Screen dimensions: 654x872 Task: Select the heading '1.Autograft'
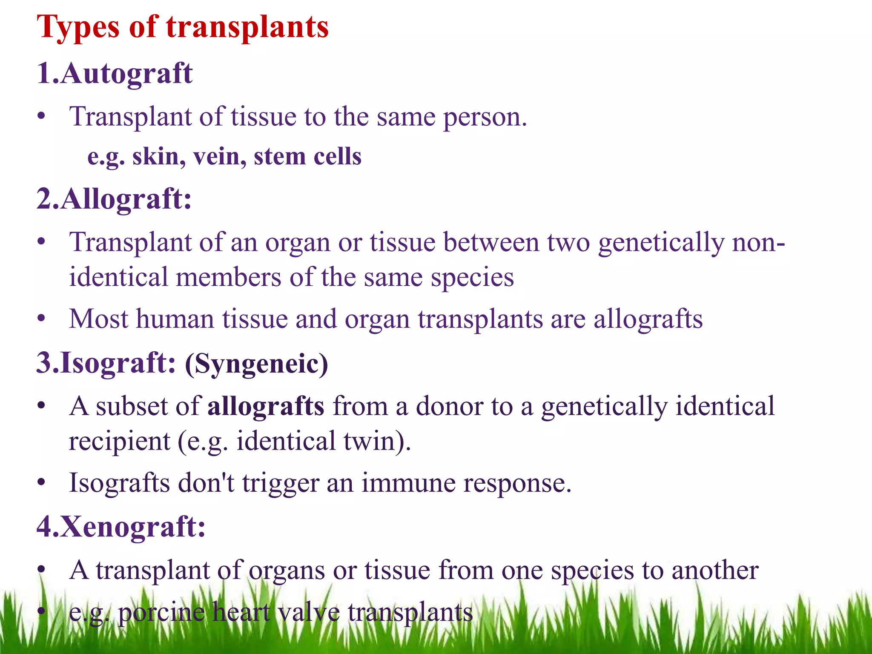[115, 74]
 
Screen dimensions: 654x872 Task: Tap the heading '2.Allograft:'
[114, 199]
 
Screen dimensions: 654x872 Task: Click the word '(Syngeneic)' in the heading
[256, 364]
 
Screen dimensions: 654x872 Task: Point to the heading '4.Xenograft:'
[121, 527]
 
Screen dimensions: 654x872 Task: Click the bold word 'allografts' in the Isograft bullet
[266, 406]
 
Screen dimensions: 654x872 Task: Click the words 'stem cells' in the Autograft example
[307, 156]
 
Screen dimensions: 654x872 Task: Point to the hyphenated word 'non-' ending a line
[758, 243]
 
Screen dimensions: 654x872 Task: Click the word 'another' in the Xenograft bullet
[715, 570]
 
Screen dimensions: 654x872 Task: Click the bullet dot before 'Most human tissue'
[41, 319]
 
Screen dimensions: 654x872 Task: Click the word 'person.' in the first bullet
[485, 117]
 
